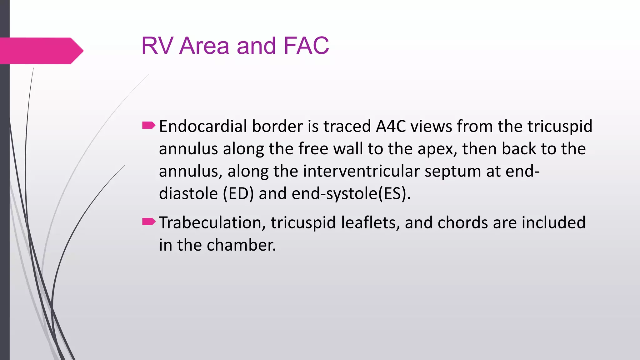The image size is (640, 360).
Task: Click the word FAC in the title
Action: [x=306, y=46]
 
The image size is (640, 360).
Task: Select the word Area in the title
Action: [x=204, y=46]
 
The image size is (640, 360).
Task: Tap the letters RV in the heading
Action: [x=157, y=46]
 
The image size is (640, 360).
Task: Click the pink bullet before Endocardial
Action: [x=148, y=126]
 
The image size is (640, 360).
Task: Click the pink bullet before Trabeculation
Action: [x=148, y=222]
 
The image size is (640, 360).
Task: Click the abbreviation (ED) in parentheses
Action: [x=238, y=194]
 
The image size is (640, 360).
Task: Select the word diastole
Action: [x=188, y=194]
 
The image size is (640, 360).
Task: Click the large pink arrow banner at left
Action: [x=41, y=51]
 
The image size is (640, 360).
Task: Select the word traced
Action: [x=347, y=127]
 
